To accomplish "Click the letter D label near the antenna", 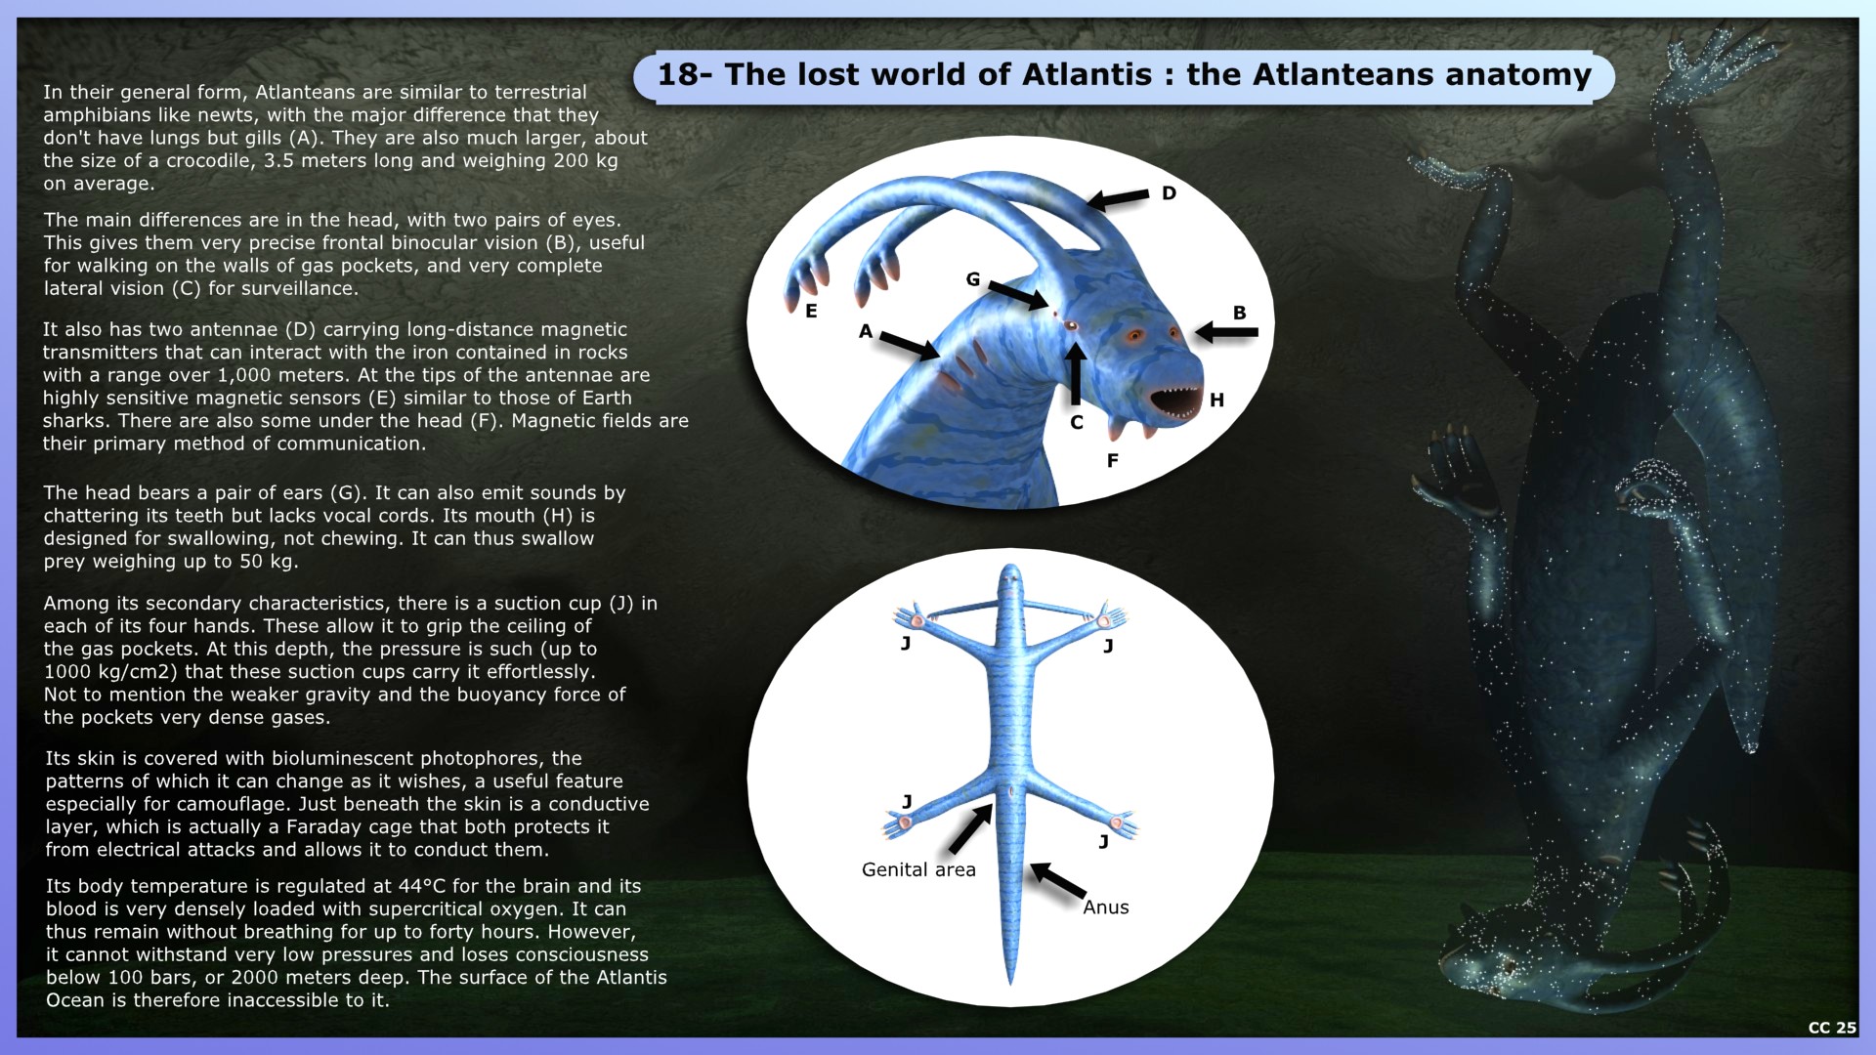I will (1169, 193).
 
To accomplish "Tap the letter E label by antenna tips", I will (811, 312).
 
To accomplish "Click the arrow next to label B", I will (1226, 332).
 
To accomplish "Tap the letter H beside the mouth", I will (1216, 400).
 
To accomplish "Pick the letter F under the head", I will (1112, 461).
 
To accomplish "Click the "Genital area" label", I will (918, 870).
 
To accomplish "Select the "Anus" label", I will (1105, 907).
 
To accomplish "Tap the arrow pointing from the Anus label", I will (1058, 880).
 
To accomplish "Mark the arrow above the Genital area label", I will (970, 829).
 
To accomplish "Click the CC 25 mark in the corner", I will (1831, 1028).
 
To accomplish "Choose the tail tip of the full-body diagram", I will (1010, 980).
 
